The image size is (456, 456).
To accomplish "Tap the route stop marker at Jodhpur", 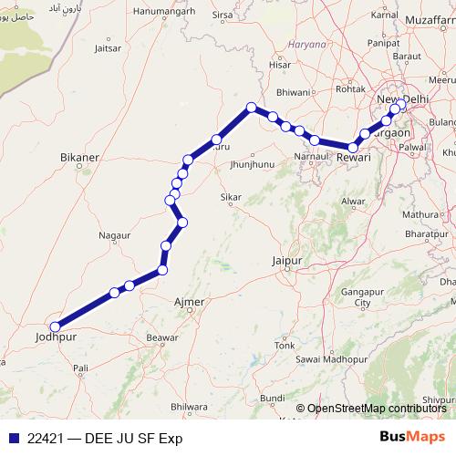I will [55, 326].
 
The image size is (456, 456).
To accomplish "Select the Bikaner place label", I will [78, 158].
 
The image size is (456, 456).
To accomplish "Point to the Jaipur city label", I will [286, 261].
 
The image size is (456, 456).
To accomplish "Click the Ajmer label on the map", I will [188, 301].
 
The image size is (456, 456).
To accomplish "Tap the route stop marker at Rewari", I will [353, 146].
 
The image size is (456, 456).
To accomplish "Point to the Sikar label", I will [231, 197].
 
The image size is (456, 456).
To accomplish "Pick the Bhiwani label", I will [294, 92].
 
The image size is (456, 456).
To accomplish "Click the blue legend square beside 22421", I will [13, 438].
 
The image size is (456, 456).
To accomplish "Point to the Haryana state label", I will [306, 43].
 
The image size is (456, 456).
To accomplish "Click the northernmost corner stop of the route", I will [250, 107].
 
